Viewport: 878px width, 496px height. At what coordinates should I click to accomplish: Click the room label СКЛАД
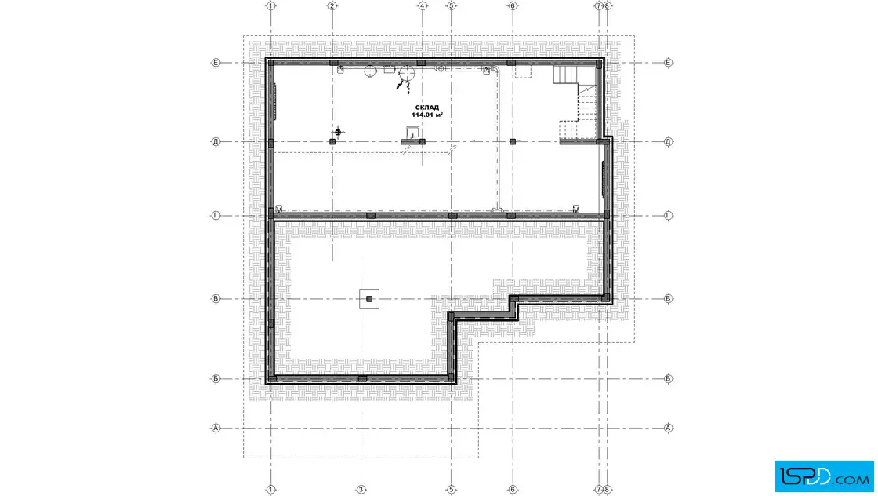[x=426, y=107]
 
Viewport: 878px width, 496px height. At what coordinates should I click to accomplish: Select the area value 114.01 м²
[x=427, y=115]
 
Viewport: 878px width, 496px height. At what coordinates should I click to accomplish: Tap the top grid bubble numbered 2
[x=332, y=6]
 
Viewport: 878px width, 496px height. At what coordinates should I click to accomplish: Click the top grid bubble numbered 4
[x=423, y=6]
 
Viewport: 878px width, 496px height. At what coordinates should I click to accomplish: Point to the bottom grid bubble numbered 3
[x=361, y=489]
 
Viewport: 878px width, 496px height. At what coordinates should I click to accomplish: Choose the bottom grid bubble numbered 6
[x=513, y=489]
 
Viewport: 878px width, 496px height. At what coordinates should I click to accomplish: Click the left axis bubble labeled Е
[x=216, y=63]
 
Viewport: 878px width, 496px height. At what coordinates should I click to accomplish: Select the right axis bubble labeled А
[x=668, y=429]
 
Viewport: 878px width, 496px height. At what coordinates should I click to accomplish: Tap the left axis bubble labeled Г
[x=216, y=215]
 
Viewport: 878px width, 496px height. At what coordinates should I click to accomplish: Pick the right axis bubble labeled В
[x=668, y=299]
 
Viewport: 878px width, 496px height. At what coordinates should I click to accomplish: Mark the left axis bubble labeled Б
[x=216, y=379]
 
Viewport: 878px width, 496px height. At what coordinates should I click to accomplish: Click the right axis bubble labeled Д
[x=668, y=142]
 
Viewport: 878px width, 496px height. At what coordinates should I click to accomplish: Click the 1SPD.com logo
[x=824, y=476]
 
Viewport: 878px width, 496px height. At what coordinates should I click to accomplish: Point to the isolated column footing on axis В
[x=369, y=299]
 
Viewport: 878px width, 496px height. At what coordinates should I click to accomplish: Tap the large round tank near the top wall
[x=407, y=74]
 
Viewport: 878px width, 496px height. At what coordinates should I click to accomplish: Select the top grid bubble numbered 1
[x=271, y=6]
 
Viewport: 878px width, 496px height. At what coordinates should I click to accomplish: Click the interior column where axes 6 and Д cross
[x=513, y=142]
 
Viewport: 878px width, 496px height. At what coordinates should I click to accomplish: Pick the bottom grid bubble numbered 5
[x=452, y=489]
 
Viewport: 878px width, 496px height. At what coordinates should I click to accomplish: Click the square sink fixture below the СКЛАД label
[x=413, y=133]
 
